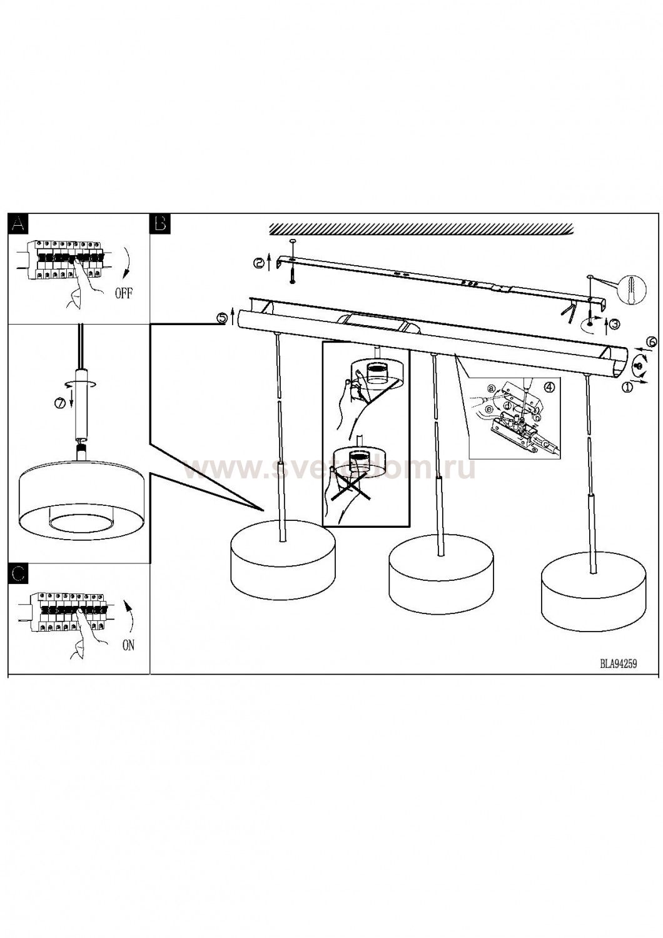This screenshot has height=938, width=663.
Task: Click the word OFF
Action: click(x=123, y=293)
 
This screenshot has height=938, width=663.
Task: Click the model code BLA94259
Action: click(x=618, y=665)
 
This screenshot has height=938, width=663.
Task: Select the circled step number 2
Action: click(x=259, y=264)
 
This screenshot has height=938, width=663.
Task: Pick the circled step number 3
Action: click(x=615, y=324)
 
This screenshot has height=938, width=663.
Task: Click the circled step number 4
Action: click(x=549, y=386)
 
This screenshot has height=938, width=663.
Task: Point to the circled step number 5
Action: click(x=221, y=318)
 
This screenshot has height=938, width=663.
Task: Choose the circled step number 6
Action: click(x=651, y=341)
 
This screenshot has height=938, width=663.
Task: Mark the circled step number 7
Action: click(x=59, y=403)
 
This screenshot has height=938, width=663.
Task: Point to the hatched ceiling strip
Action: click(x=420, y=229)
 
